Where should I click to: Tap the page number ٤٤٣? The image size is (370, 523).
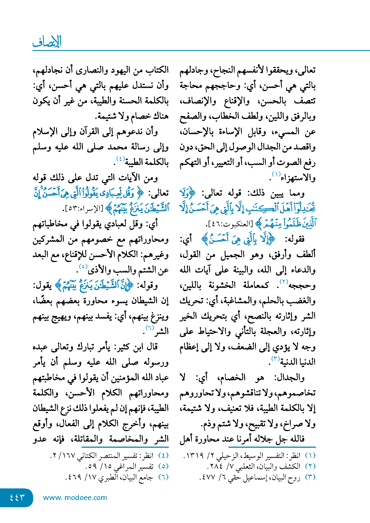[17, 497]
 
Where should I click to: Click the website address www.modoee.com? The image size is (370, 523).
[75, 498]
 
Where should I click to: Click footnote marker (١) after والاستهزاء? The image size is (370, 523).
[276, 174]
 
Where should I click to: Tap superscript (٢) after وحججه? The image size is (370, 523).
[284, 282]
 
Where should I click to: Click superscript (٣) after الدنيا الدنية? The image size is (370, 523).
[275, 359]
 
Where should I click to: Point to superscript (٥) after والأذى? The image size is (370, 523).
[83, 266]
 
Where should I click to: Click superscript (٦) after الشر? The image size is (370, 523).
[149, 328]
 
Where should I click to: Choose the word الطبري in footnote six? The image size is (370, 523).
[109, 478]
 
